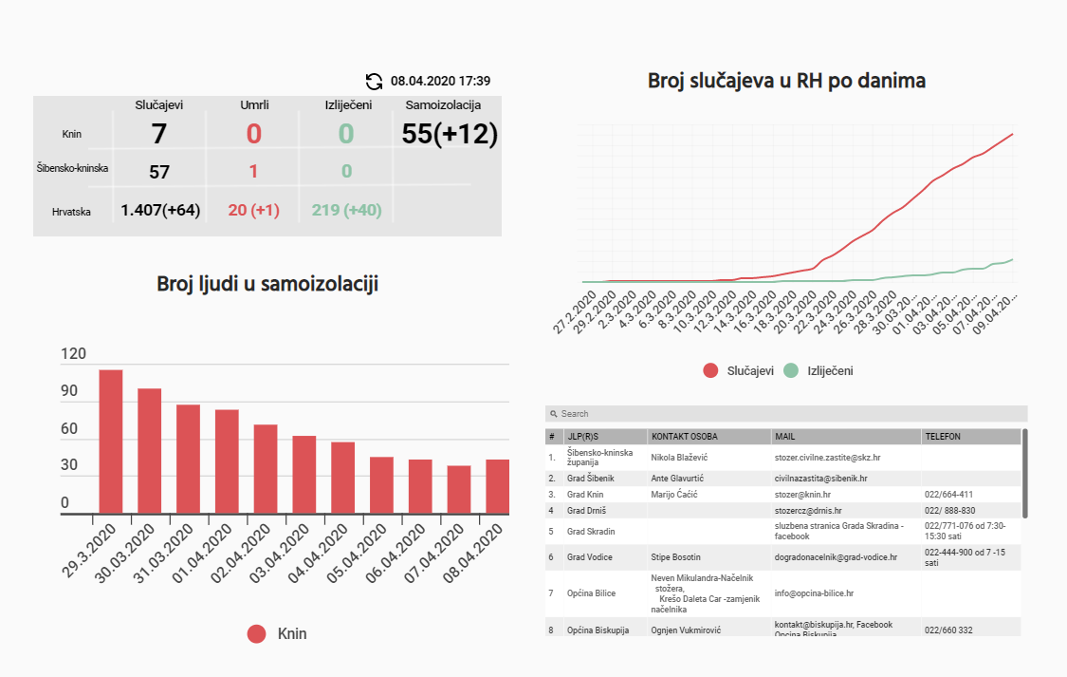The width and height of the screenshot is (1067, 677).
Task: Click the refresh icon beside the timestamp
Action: click(375, 82)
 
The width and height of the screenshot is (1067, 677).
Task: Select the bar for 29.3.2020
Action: click(111, 442)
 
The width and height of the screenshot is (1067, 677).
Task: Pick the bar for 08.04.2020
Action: click(497, 486)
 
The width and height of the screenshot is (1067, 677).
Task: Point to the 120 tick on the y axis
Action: click(73, 354)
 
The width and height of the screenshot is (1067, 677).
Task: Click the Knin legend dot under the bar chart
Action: click(257, 634)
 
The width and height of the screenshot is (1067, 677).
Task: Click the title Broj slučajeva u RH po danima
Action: click(786, 81)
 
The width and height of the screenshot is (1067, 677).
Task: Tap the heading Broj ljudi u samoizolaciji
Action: click(267, 283)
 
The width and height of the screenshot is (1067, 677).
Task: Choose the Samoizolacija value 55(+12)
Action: click(450, 134)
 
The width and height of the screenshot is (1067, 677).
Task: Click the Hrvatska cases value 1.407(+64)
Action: click(160, 210)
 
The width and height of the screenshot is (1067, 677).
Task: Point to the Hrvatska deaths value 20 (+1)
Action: click(253, 210)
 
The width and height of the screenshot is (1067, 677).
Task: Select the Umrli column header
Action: click(253, 104)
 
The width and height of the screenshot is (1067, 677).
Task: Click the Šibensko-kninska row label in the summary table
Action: click(71, 169)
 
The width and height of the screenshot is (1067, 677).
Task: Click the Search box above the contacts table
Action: click(786, 414)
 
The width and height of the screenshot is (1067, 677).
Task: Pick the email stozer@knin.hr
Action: click(802, 495)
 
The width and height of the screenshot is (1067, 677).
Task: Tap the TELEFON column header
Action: click(943, 437)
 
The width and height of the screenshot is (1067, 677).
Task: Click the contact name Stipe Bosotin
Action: click(676, 557)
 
